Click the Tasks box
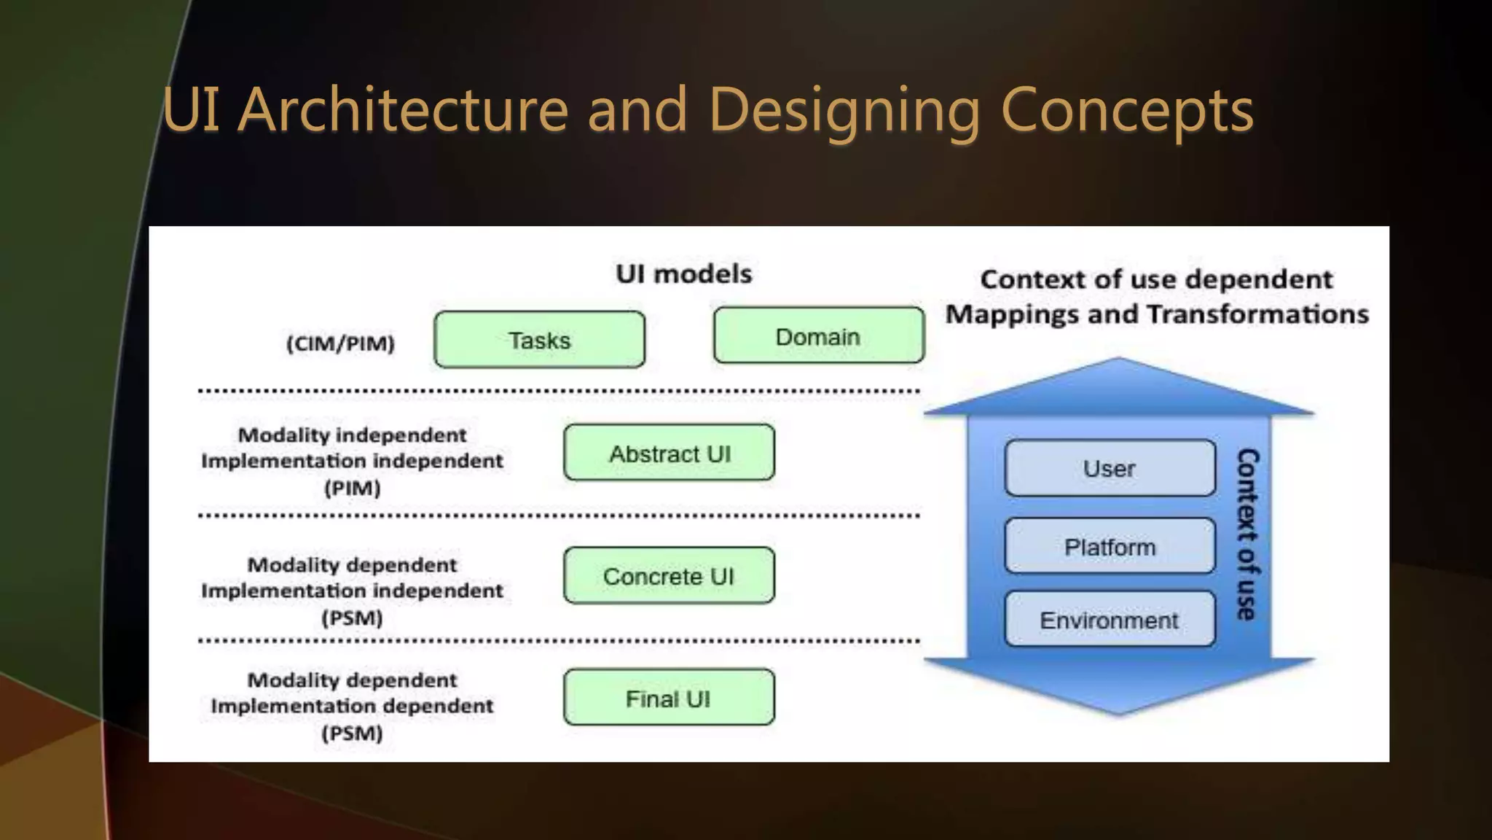click(x=539, y=340)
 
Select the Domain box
click(x=818, y=336)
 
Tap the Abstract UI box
click(x=669, y=453)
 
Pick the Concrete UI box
click(x=669, y=576)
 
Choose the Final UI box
click(x=669, y=698)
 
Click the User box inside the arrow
click(x=1109, y=468)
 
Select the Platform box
click(x=1109, y=546)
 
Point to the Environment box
click(x=1109, y=620)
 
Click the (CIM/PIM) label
click(x=340, y=343)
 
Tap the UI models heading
click(x=683, y=274)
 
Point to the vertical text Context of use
click(x=1247, y=534)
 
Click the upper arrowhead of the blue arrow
click(x=1118, y=386)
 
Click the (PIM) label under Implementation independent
click(x=352, y=488)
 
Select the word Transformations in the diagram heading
click(x=1257, y=314)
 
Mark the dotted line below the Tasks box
click(x=559, y=392)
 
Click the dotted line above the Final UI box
click(x=559, y=642)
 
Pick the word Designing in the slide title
click(x=844, y=111)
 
